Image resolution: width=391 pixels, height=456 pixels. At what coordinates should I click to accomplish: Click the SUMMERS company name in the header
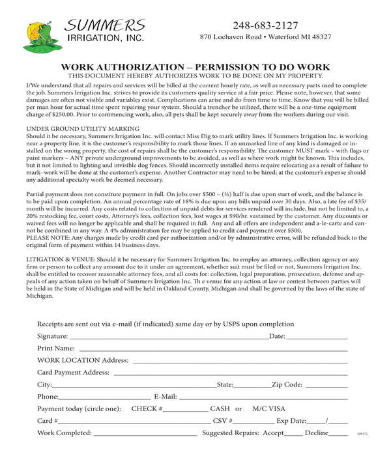click(x=105, y=25)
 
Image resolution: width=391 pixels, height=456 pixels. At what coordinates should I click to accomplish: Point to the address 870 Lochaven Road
click(x=231, y=38)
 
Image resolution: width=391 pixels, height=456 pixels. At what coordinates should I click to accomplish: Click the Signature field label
click(x=53, y=336)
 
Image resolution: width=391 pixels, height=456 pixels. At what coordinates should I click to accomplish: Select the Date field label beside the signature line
click(x=277, y=336)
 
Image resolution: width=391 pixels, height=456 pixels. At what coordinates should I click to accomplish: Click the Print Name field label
click(x=56, y=349)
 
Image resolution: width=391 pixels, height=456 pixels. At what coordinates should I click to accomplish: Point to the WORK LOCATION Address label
click(x=83, y=360)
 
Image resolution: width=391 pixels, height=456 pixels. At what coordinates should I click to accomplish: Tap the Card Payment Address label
click(x=73, y=373)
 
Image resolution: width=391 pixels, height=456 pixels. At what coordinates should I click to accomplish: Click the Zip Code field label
click(x=287, y=384)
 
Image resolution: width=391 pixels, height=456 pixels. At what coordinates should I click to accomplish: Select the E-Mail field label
click(x=166, y=397)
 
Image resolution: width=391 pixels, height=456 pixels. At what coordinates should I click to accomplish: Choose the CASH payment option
click(x=220, y=408)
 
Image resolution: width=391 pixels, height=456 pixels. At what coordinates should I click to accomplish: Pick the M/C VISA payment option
click(x=269, y=408)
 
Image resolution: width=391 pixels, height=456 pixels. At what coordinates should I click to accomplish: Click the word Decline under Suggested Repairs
click(x=317, y=433)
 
